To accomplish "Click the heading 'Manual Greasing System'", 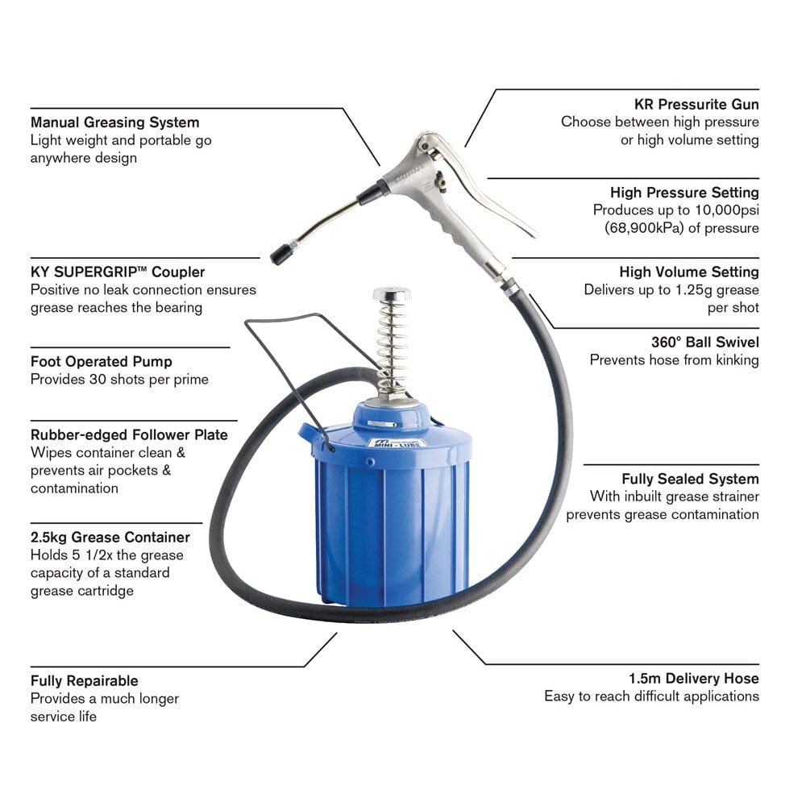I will tap(114, 123).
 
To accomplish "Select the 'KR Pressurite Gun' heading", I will tap(696, 104).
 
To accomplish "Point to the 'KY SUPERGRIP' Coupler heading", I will tap(118, 272).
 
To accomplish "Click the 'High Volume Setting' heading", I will tap(689, 272).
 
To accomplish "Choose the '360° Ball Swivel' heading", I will tap(704, 343).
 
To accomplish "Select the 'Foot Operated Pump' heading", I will tap(102, 362).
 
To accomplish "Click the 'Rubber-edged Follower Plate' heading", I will tap(129, 435).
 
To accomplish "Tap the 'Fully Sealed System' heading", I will tap(690, 480).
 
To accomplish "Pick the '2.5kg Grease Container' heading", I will tap(110, 538).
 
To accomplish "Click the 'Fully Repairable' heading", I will tap(85, 681).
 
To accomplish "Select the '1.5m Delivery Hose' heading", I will tap(693, 679).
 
